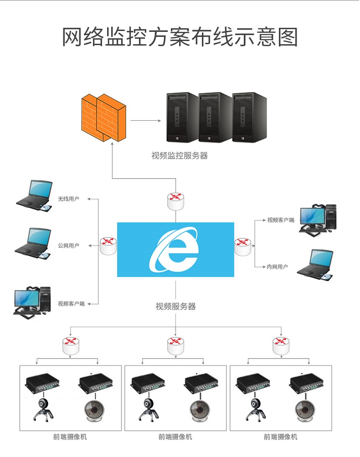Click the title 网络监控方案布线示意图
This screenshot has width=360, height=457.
(x=180, y=37)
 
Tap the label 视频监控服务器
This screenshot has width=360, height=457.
(x=180, y=156)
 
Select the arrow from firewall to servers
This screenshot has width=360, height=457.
(x=146, y=121)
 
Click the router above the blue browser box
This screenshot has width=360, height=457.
(x=175, y=201)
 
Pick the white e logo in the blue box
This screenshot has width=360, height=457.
(x=175, y=250)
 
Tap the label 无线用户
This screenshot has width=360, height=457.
(x=68, y=199)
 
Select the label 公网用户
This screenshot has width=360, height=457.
(x=68, y=246)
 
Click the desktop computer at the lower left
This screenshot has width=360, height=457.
(x=32, y=301)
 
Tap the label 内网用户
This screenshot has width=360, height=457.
(x=277, y=267)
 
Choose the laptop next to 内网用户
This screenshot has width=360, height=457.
(x=315, y=264)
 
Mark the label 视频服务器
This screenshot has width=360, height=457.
(x=175, y=307)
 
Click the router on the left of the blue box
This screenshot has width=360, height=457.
(x=108, y=246)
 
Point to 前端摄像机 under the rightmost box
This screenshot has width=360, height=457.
(x=281, y=437)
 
